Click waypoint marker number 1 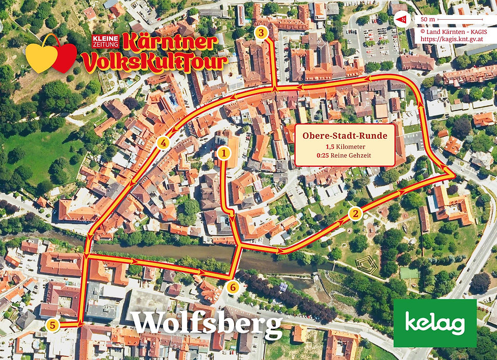pos(224,153)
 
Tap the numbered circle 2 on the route pos(355,213)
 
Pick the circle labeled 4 pos(164,142)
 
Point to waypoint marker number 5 pos(52,325)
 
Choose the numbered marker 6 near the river pos(233,286)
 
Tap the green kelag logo pos(435,323)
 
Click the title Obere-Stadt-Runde pos(345,137)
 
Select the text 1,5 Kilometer pos(345,147)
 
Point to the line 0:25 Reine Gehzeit pos(345,156)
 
